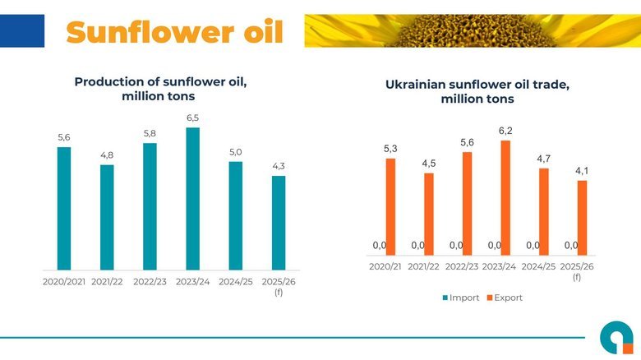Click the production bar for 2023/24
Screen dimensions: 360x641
(192, 198)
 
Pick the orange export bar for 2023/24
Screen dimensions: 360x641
(505, 197)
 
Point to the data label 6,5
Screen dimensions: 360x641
(192, 118)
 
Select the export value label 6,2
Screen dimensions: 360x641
(505, 131)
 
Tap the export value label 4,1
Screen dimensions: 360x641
(582, 170)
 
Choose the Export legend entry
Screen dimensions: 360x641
(505, 298)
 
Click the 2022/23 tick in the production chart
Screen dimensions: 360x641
(150, 281)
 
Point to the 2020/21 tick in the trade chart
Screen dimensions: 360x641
(385, 266)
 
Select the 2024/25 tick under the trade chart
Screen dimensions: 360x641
(538, 266)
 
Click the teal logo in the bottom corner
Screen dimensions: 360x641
(616, 338)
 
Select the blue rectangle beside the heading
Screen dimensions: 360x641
(22, 30)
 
